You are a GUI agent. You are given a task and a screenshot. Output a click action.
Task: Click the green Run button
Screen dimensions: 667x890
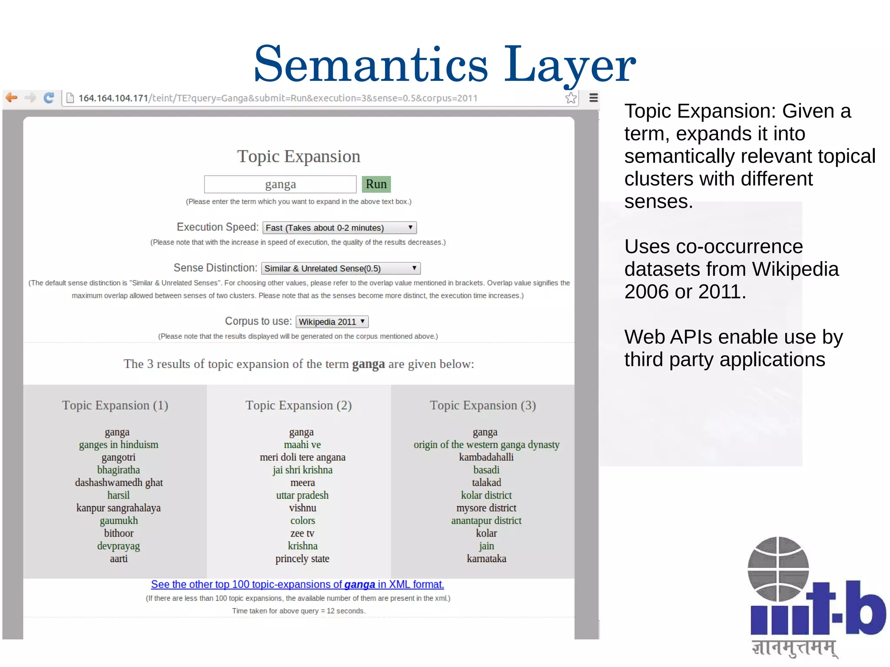(x=376, y=184)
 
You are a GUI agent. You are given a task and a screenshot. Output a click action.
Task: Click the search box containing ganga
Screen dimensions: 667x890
(x=280, y=184)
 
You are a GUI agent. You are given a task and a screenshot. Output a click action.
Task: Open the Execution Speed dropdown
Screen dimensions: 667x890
(x=339, y=228)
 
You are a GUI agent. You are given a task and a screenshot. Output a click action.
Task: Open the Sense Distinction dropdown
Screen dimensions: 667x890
(x=341, y=269)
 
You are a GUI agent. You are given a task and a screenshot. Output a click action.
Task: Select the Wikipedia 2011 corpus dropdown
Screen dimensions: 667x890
(x=332, y=322)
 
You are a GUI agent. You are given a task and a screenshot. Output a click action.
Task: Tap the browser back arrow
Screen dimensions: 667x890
(x=12, y=98)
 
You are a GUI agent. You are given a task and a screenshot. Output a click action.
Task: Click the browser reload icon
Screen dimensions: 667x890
(x=49, y=98)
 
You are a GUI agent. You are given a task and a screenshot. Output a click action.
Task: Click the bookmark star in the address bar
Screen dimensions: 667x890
(x=571, y=98)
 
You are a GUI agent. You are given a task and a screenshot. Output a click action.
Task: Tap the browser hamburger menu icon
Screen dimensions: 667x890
(x=593, y=98)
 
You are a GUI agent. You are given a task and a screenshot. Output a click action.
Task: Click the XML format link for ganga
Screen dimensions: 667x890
(x=297, y=584)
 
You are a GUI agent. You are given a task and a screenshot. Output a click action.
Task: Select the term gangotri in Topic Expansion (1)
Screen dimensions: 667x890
(x=119, y=457)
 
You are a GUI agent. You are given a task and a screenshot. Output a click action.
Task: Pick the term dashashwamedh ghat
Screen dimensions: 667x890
(x=119, y=482)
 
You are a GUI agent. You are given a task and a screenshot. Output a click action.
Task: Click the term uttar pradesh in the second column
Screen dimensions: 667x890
(x=302, y=495)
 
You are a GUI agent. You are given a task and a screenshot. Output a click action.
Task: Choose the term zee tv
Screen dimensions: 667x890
(x=302, y=533)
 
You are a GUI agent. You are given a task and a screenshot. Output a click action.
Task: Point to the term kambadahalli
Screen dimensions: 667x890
(x=486, y=457)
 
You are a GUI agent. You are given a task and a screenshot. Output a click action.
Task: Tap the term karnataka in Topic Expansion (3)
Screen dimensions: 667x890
(x=486, y=558)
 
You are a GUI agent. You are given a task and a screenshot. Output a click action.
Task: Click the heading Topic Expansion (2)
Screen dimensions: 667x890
(x=299, y=405)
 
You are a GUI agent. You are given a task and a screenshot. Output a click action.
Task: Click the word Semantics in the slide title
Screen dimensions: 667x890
(x=371, y=64)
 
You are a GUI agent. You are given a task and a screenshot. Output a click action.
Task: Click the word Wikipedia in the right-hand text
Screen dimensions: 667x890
(x=795, y=269)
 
